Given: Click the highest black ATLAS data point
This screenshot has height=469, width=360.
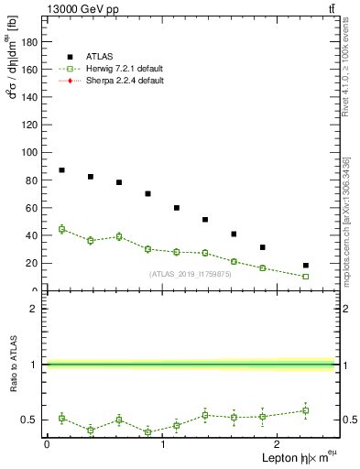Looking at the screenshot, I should click(x=61, y=170).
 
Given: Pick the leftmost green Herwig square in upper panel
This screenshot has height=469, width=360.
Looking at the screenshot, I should click(x=61, y=229).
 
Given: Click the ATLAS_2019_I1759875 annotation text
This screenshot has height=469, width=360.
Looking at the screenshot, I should click(x=191, y=274).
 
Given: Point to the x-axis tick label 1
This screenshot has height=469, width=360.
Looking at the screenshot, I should click(x=162, y=444).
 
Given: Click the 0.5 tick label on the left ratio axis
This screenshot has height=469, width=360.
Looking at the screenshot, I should click(x=30, y=420).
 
